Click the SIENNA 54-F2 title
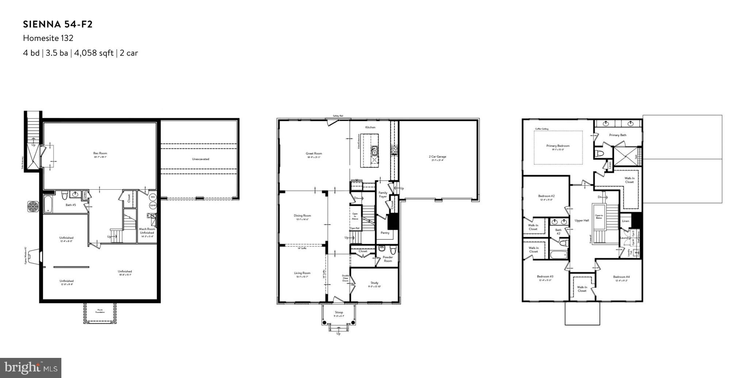(58, 24)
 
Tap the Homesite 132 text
(48, 38)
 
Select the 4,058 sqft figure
(94, 53)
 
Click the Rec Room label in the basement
(100, 153)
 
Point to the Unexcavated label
(201, 159)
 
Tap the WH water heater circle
(153, 197)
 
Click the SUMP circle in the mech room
(153, 205)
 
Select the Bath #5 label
(71, 205)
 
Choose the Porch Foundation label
(100, 311)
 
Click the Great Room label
(314, 154)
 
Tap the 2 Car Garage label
(437, 156)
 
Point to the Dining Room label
(302, 216)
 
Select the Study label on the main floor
(374, 283)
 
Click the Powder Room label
(388, 259)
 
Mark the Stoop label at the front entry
(339, 313)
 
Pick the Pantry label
(385, 233)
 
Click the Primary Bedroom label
(558, 146)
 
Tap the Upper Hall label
(582, 220)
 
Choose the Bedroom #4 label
(621, 277)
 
